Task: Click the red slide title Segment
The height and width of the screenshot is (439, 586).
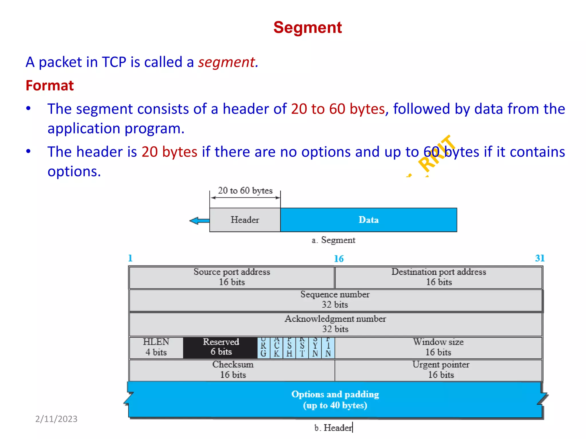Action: (x=308, y=28)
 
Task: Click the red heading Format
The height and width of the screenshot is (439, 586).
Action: (x=50, y=85)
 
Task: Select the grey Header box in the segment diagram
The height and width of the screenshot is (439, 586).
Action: (x=245, y=220)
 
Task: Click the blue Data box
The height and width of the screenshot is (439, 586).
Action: (x=369, y=220)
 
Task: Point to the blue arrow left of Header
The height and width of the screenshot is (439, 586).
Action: (x=199, y=221)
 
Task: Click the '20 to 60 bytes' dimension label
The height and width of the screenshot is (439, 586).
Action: (x=245, y=191)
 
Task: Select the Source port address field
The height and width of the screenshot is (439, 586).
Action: (x=232, y=277)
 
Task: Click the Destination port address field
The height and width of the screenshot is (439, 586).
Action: (x=439, y=277)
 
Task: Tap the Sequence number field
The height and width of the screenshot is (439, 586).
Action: (x=335, y=300)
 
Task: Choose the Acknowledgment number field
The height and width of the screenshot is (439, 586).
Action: (x=335, y=324)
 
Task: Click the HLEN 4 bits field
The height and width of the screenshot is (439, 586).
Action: (x=156, y=347)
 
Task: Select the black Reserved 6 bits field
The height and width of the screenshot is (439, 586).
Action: (x=221, y=347)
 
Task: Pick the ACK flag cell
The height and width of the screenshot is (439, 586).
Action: (x=276, y=348)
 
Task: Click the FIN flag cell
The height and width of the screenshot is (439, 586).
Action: (x=328, y=348)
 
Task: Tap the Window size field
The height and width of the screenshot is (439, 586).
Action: (x=438, y=347)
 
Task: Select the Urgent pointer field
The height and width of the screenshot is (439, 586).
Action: (x=441, y=370)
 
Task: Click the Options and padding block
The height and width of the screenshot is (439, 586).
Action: (x=335, y=400)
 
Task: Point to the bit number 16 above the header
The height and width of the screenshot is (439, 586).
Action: (x=339, y=259)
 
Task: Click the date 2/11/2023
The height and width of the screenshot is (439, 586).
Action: (x=56, y=419)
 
